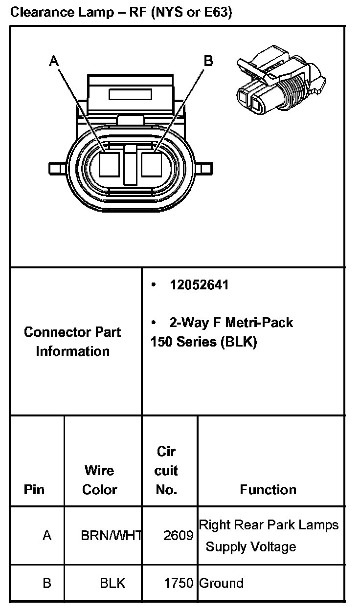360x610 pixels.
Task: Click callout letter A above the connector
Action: point(54,61)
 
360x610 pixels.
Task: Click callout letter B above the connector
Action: point(208,61)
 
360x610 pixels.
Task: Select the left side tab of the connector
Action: point(57,169)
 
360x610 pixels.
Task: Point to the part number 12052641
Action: point(199,285)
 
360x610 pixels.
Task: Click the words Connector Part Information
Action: point(72,342)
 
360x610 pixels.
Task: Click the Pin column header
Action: point(34,489)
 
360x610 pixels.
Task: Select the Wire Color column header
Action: point(99,480)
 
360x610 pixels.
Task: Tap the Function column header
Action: point(268,489)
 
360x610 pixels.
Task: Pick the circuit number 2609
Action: point(178,536)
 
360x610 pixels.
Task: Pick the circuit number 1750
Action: point(178,583)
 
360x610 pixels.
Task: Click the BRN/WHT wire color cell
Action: point(111,536)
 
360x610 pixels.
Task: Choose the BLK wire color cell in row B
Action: point(112,583)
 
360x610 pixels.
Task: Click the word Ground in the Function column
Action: point(221,583)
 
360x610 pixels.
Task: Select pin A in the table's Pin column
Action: point(47,536)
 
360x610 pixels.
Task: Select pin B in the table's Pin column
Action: point(47,583)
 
